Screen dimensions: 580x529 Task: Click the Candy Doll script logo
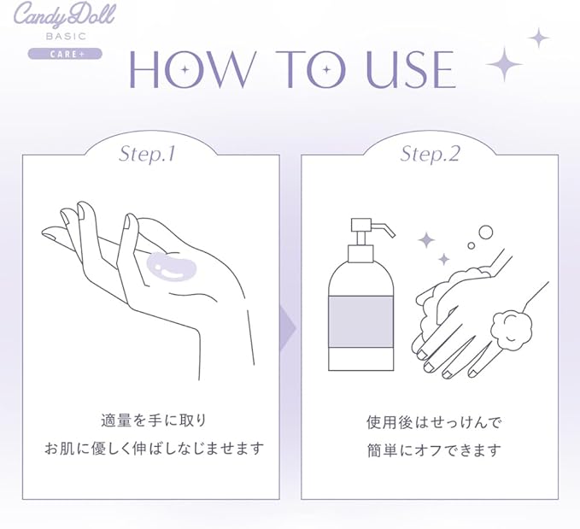point(64,16)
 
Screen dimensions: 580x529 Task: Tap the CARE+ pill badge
point(65,54)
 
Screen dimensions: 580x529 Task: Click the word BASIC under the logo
point(67,36)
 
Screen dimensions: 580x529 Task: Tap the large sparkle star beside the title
point(504,64)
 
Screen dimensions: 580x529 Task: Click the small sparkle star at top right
point(538,38)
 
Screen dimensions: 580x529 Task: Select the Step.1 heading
point(147,154)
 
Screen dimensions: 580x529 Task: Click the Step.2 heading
point(430,154)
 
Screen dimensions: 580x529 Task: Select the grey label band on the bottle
point(360,321)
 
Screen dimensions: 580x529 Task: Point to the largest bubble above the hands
point(486,232)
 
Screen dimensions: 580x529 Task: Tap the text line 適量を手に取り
point(154,421)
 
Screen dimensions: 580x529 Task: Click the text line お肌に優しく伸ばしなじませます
point(155,449)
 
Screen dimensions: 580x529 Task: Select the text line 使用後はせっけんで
point(434,422)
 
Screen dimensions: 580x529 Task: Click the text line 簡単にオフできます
point(434,450)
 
